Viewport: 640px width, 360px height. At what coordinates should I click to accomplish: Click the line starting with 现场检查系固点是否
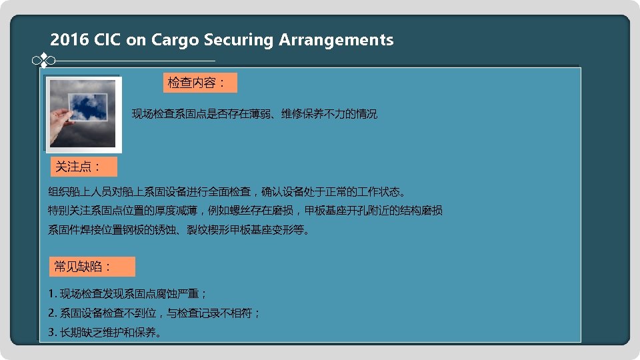coord(255,114)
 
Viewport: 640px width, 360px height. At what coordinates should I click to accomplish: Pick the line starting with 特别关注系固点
coord(245,211)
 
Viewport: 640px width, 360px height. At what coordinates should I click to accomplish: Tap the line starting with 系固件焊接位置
coord(179,230)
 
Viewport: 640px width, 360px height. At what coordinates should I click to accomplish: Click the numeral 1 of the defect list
coord(51,293)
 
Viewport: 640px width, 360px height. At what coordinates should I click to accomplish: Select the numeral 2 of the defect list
coord(51,313)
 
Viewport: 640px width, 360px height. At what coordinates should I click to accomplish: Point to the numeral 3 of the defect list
coord(51,332)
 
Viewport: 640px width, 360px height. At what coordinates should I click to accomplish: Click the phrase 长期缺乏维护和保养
coord(110,332)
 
